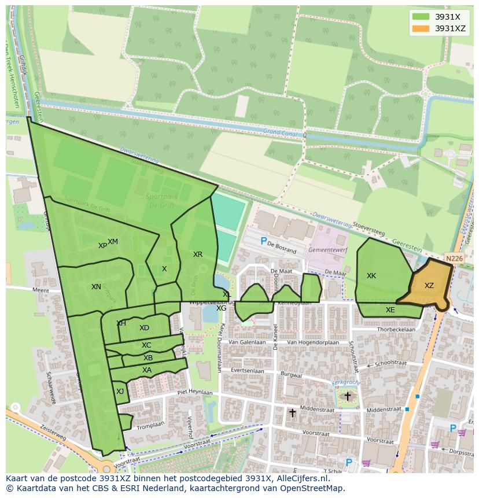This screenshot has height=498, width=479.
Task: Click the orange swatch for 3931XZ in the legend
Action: [x=421, y=28]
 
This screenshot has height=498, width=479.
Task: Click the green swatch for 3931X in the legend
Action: [x=421, y=17]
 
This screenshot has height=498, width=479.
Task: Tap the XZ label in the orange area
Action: [x=429, y=286]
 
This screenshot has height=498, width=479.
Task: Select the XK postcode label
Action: [x=371, y=276]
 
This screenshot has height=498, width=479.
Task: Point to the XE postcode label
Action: [x=390, y=310]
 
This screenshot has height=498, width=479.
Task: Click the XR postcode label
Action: [x=198, y=254]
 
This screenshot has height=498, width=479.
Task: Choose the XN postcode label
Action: [x=96, y=287]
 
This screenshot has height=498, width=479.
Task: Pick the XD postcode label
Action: [x=144, y=328]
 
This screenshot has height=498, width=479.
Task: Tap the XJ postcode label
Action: [x=120, y=392]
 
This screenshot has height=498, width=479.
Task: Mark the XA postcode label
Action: [x=147, y=370]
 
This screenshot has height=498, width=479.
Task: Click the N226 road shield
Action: [x=454, y=259]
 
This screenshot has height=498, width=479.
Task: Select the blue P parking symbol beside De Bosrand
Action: [x=264, y=241]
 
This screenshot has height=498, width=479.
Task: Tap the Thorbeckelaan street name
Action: [x=396, y=330]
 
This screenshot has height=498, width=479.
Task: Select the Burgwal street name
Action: [x=290, y=375]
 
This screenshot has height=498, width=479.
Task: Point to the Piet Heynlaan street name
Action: [x=195, y=392]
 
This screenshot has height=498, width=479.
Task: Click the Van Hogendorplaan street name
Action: [x=311, y=342]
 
